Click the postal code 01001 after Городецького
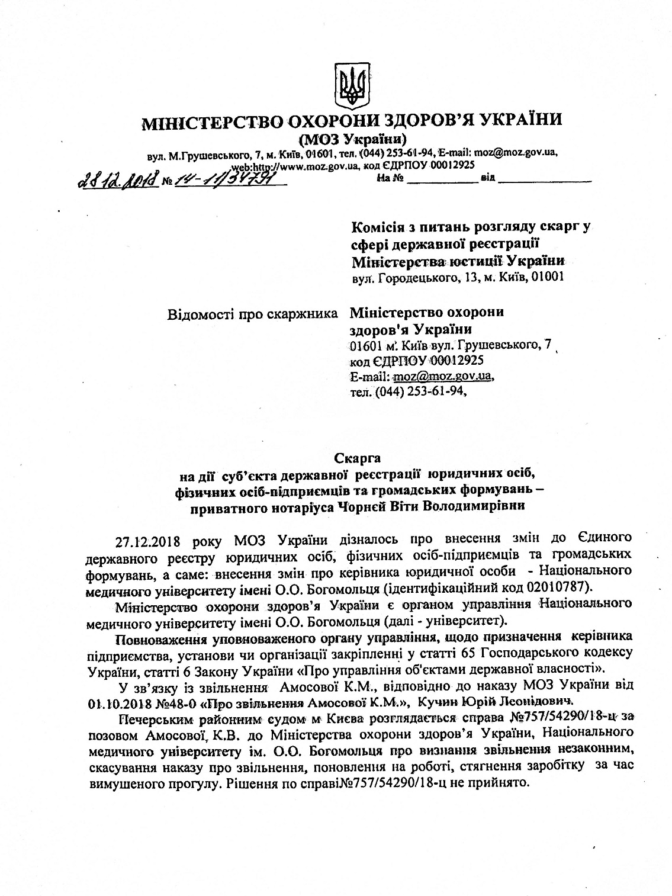544,277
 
